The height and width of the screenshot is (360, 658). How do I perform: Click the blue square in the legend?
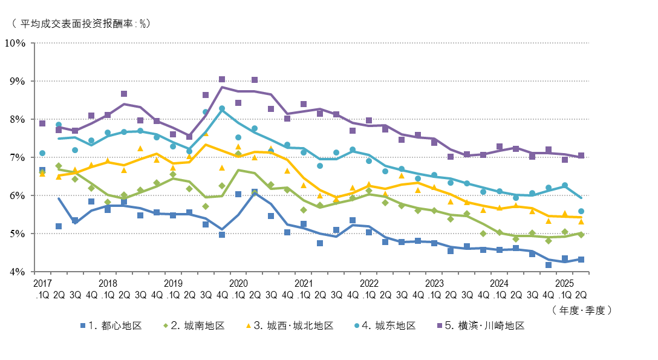[83, 326]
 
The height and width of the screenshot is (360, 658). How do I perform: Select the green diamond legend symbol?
[166, 326]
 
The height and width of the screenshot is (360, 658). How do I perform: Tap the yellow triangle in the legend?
[249, 326]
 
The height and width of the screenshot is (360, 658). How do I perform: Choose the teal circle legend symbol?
[357, 326]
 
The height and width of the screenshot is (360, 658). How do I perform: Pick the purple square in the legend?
[440, 326]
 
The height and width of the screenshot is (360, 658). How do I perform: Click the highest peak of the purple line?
[222, 87]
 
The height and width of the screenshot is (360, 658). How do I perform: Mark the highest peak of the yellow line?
[206, 144]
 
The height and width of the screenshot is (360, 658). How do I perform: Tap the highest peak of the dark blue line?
[255, 192]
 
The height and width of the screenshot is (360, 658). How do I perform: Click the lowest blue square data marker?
[549, 265]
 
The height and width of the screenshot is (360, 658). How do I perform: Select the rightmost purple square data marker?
[581, 155]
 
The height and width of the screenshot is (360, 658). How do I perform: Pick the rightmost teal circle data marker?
[581, 211]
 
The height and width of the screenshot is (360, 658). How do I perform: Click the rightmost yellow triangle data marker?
[581, 221]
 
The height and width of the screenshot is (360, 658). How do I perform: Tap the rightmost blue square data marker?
[581, 260]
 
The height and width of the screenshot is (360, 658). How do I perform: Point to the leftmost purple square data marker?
[42, 123]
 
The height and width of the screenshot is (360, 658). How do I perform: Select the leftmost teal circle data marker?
[42, 153]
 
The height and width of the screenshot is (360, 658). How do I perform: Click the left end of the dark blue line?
[58, 198]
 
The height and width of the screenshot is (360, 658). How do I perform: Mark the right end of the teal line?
[581, 198]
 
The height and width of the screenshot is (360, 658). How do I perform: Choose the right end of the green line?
[581, 233]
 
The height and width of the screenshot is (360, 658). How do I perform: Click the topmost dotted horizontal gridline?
[311, 43]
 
